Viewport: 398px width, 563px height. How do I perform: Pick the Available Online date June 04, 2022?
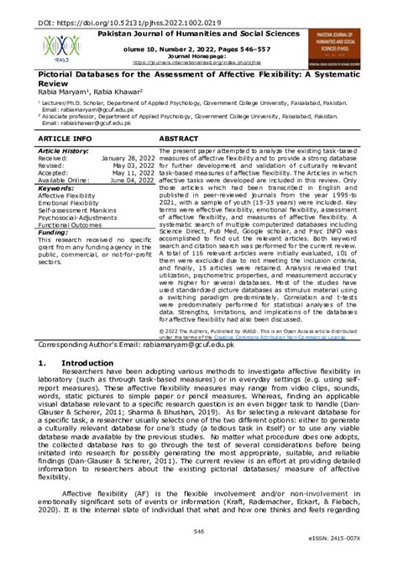pos(132,181)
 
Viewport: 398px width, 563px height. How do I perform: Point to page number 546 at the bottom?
pos(199,531)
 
